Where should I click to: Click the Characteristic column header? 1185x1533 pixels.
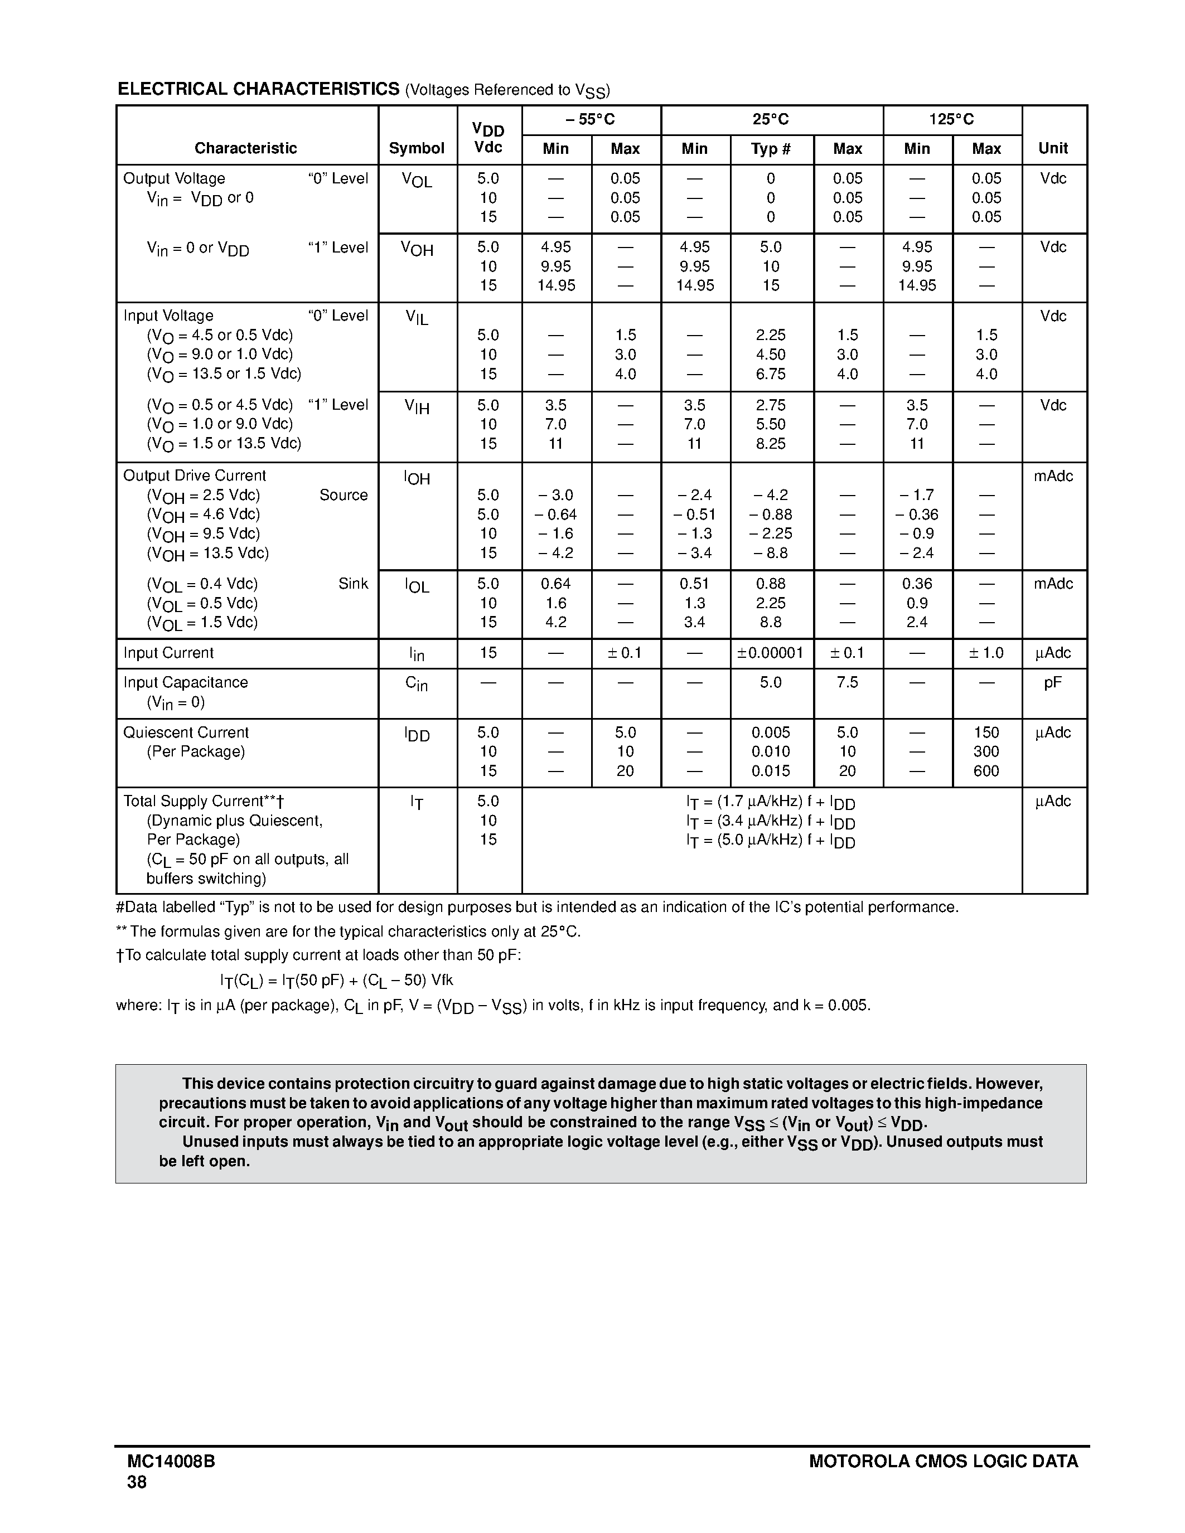(x=246, y=148)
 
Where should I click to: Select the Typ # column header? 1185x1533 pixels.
(x=771, y=149)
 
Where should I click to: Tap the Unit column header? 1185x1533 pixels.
(x=1053, y=148)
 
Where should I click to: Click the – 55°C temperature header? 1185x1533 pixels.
(x=591, y=119)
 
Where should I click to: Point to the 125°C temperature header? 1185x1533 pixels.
(x=951, y=119)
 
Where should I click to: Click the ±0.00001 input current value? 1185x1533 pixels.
(x=771, y=653)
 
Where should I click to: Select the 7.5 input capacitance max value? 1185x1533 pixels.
(x=847, y=682)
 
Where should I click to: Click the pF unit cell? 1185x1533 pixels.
(x=1052, y=682)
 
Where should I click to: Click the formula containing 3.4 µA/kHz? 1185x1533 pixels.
(x=770, y=821)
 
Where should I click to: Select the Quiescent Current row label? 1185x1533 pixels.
(x=186, y=732)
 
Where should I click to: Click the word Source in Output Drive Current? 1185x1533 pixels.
(x=344, y=495)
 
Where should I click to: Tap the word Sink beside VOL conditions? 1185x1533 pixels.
(x=353, y=583)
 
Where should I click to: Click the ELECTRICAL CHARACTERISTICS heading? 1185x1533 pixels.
(x=258, y=89)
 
